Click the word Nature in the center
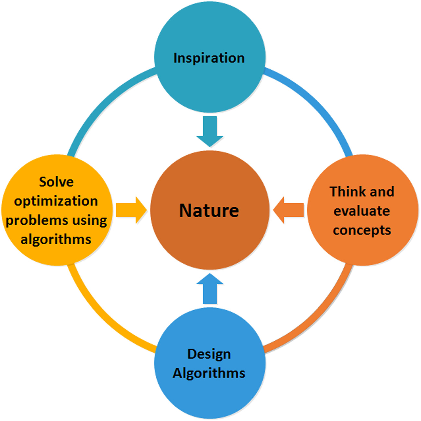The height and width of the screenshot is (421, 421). [x=209, y=210]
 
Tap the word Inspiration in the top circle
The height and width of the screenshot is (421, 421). [x=209, y=58]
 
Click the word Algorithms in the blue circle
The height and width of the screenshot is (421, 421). [x=209, y=373]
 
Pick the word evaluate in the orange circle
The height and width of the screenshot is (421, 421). [x=362, y=211]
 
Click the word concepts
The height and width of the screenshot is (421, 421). [x=362, y=230]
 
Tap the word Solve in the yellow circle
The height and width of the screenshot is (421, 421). [x=56, y=182]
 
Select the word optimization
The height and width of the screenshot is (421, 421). [x=56, y=201]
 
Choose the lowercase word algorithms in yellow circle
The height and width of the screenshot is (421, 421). [x=56, y=240]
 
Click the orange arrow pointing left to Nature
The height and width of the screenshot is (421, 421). [x=289, y=210]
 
